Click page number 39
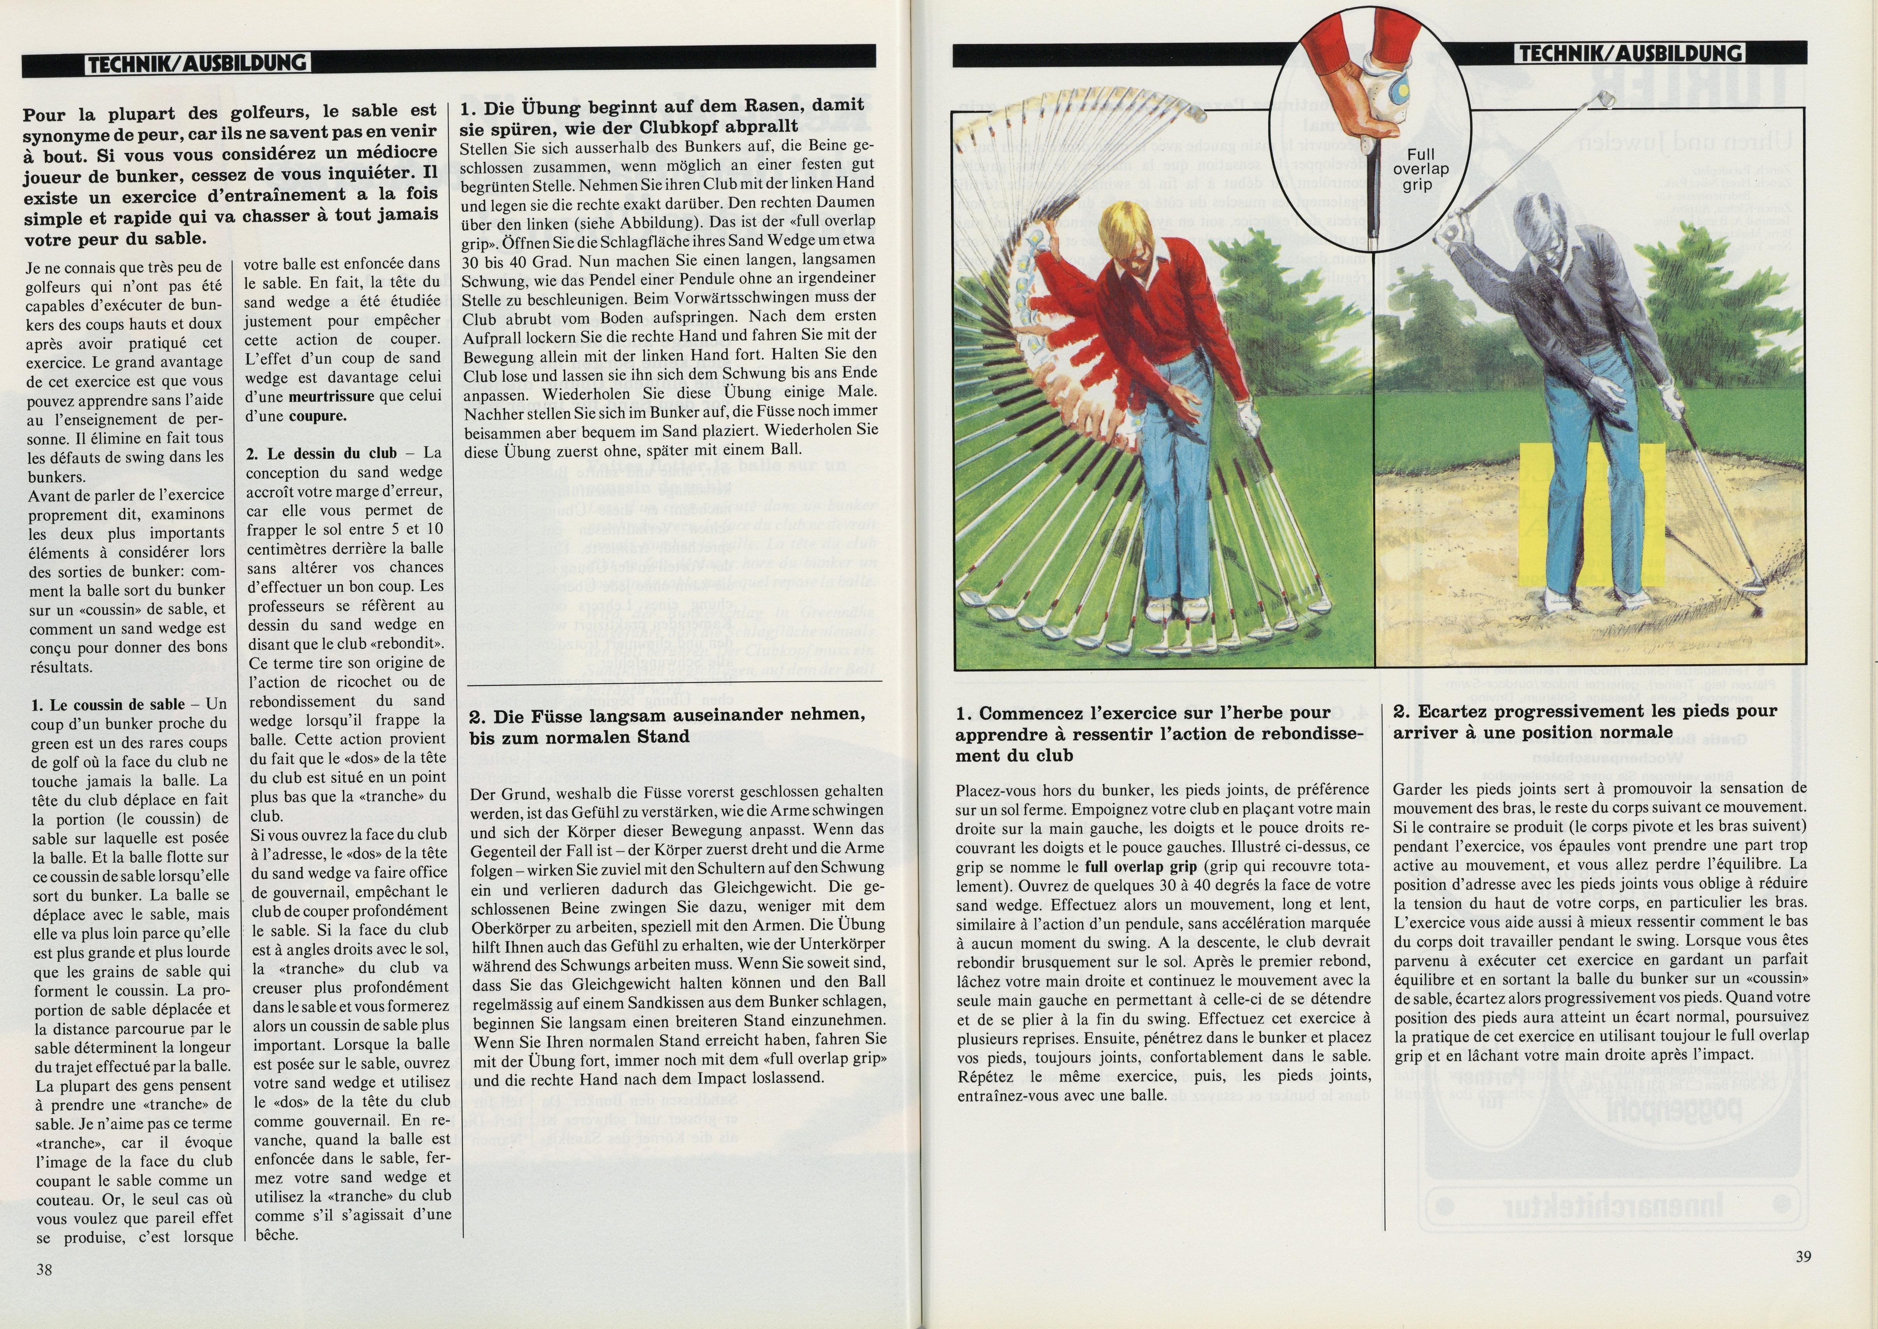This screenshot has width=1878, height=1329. click(1804, 1257)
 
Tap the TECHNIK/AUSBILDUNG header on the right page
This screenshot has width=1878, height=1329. click(1630, 54)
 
